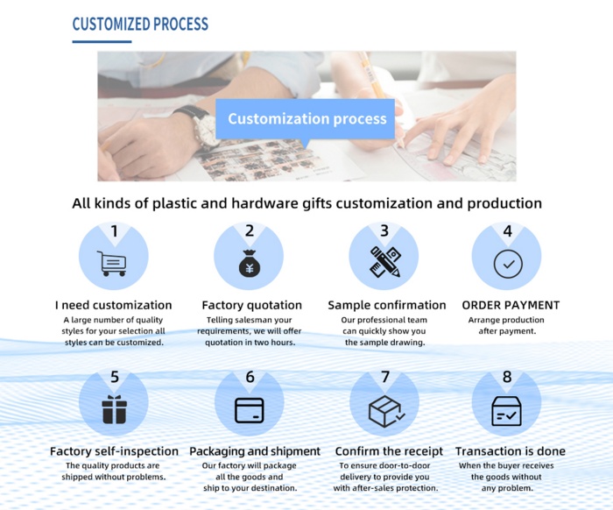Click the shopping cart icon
point(113,264)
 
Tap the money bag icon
point(250,264)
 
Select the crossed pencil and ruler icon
point(385,262)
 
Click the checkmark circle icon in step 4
point(508,265)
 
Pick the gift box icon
point(114,409)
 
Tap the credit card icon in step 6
point(250,410)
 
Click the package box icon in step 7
point(387,411)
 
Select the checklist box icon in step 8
point(506,411)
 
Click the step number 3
point(384,230)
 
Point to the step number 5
point(115,377)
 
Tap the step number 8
point(507,377)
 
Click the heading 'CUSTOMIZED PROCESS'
point(140,24)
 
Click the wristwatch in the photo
point(201,126)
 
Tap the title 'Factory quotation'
point(252,305)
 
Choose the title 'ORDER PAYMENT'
point(511,305)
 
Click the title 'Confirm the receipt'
point(389,451)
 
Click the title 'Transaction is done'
point(511,451)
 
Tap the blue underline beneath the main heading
point(102,41)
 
